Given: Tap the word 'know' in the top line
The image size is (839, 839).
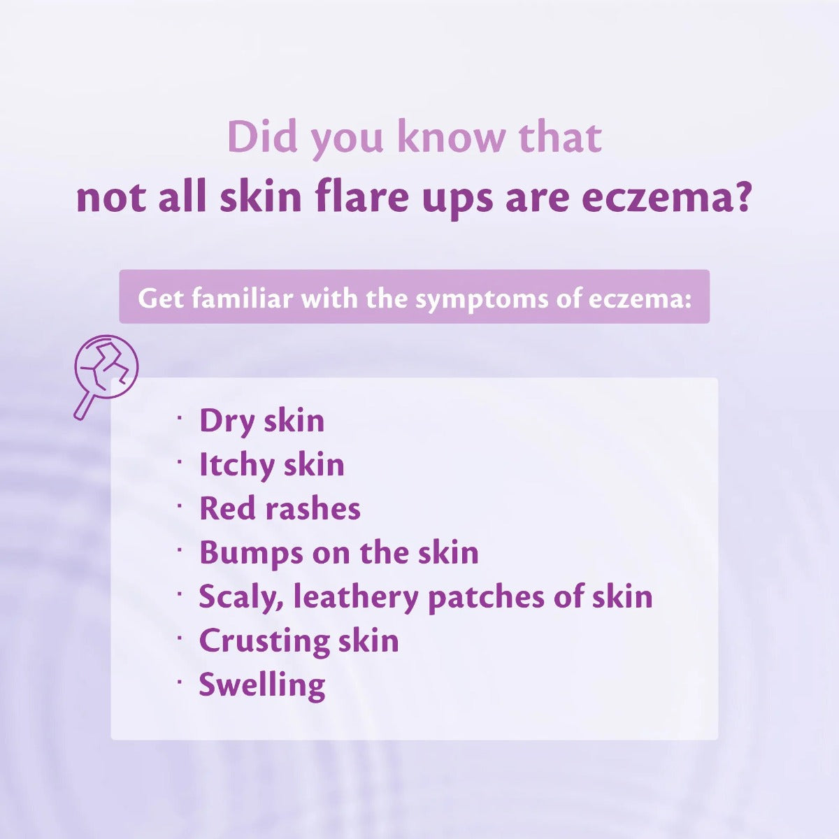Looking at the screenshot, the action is coord(452,137).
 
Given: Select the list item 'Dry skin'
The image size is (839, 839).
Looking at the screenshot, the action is coord(261,422).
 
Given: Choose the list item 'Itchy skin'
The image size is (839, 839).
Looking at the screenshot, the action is coord(272,464).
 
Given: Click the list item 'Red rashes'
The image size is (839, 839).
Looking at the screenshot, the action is coord(280,508).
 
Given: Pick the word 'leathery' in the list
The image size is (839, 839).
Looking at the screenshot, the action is coord(356,596).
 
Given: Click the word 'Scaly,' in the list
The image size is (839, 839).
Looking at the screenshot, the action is coord(242,597).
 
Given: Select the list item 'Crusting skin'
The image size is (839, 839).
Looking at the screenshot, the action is coord(299,641).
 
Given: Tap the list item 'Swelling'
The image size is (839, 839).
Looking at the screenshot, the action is coord(262,685).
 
